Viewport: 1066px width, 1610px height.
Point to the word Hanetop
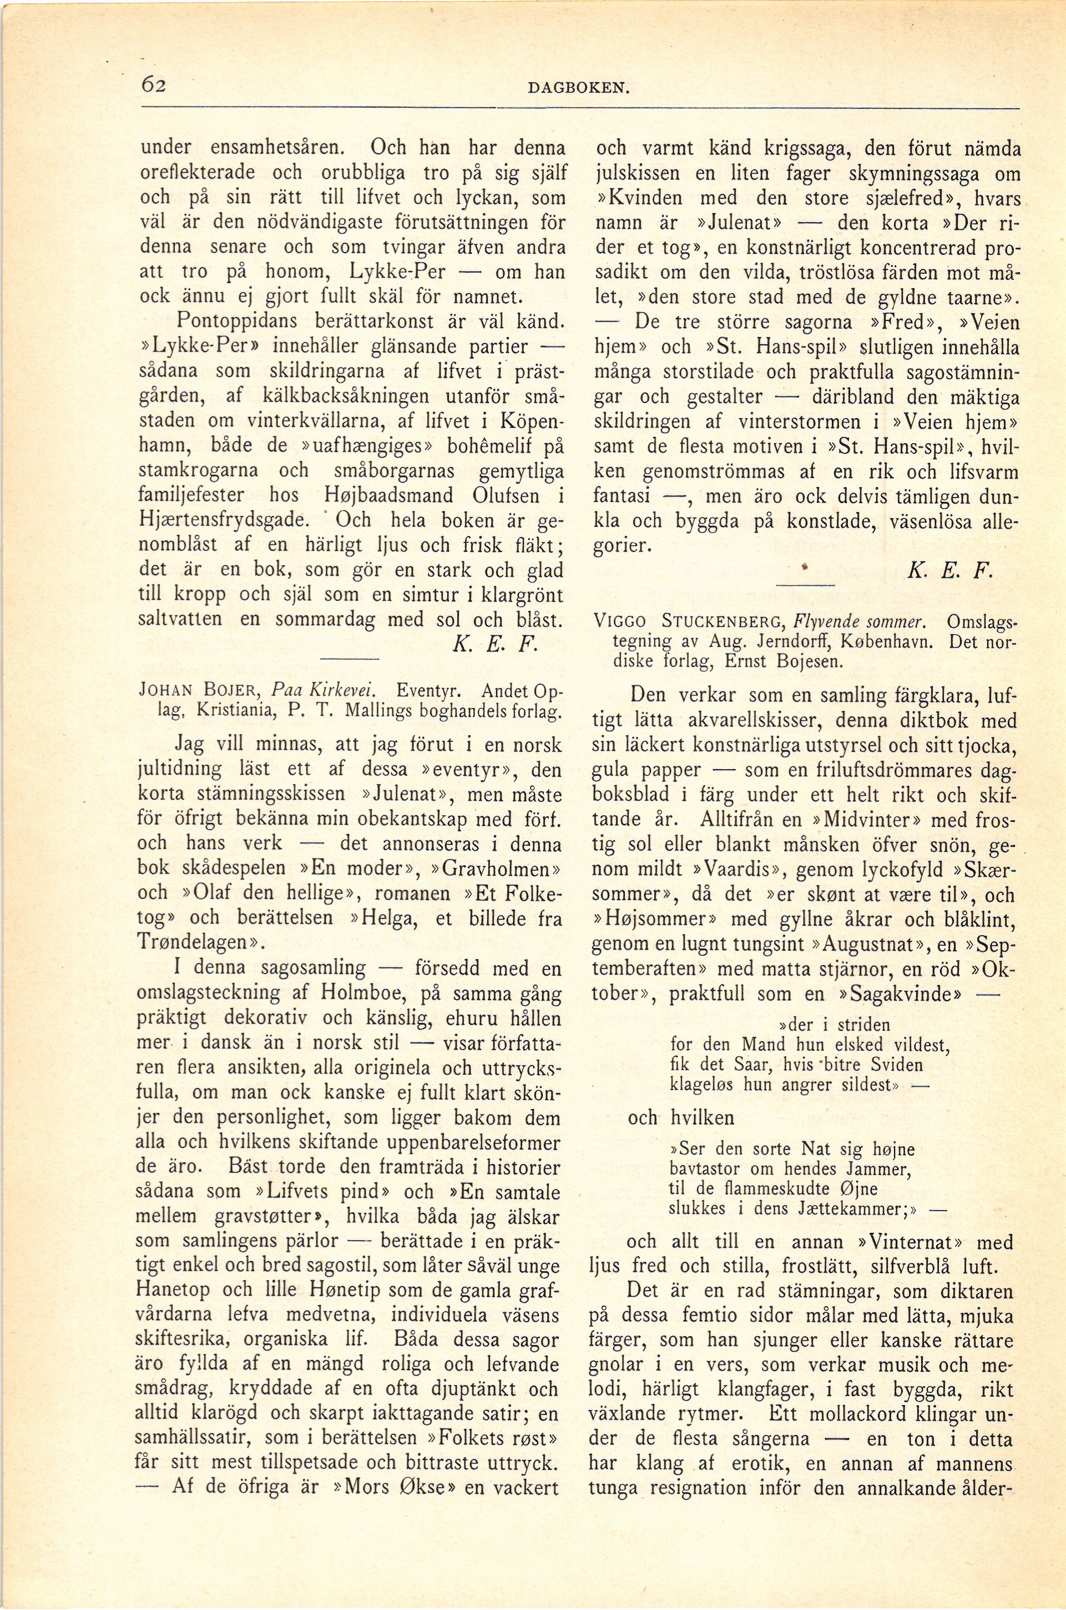coord(173,1290)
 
